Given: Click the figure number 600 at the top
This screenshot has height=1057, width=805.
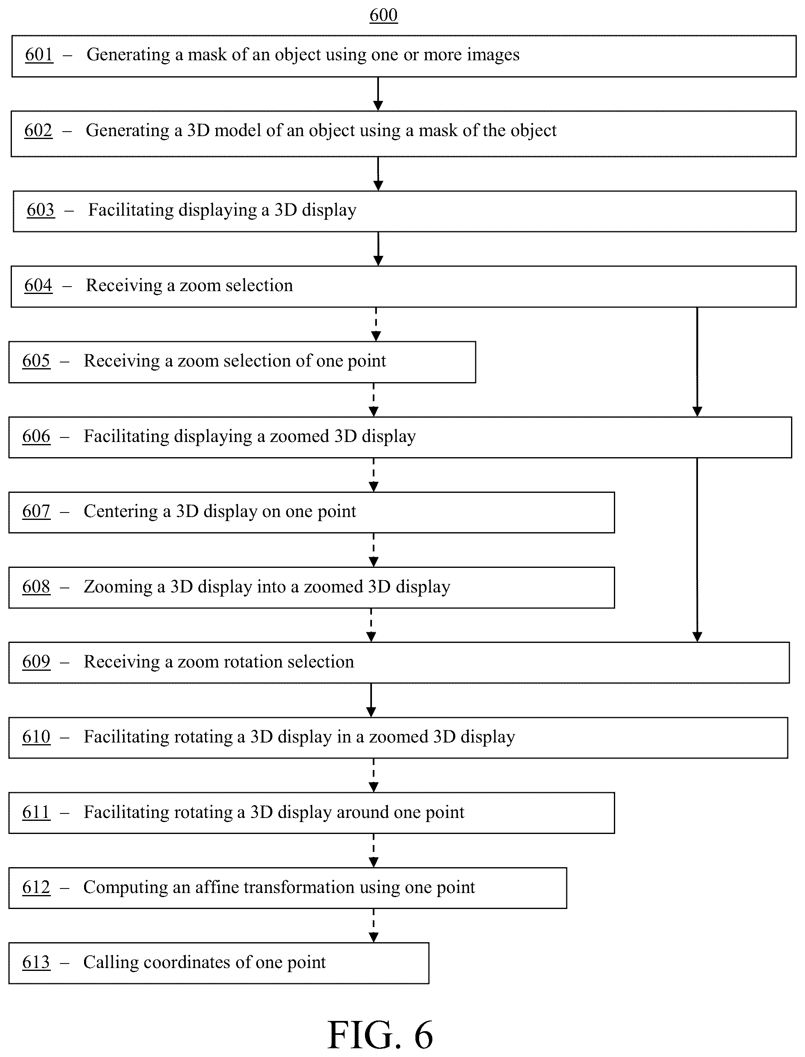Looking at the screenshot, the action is point(383,15).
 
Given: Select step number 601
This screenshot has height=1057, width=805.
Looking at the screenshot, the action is point(39,55).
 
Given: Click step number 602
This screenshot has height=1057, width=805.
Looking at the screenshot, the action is point(38,130).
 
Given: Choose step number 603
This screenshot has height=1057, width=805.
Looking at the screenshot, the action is point(41,210).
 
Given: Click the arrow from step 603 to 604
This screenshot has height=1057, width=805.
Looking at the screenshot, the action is point(378,249).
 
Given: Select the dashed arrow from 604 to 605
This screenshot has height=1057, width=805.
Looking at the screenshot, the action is point(376,324).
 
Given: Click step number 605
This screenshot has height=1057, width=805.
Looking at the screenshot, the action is point(36,361).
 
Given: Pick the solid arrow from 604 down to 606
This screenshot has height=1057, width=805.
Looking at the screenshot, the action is point(697,362).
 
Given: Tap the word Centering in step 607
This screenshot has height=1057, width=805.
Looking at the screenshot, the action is point(121,511).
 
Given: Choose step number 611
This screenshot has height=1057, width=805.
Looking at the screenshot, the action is point(36,812).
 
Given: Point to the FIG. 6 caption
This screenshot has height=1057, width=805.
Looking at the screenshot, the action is point(381,1034).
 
